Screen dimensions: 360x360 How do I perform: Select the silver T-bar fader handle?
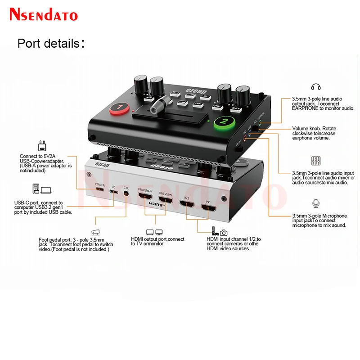(x=157, y=106)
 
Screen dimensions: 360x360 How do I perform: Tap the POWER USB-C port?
(x=100, y=191)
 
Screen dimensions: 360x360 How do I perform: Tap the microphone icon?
(x=315, y=204)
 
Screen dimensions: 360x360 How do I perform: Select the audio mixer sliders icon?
(x=315, y=161)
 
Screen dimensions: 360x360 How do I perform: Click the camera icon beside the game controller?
(x=224, y=233)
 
